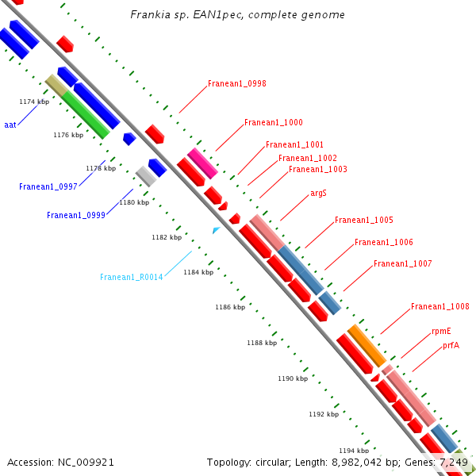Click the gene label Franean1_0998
click(236, 83)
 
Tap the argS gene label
click(318, 193)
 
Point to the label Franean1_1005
click(363, 221)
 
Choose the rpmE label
click(441, 332)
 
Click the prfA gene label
click(451, 345)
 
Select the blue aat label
click(10, 125)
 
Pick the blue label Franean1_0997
click(48, 187)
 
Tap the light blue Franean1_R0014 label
click(131, 278)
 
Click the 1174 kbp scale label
click(34, 102)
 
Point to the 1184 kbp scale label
click(198, 272)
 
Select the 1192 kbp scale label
click(324, 414)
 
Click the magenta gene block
click(202, 163)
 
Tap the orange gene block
click(367, 346)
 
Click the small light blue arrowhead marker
click(216, 230)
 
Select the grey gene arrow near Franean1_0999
click(145, 176)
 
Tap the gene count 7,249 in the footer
click(453, 462)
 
